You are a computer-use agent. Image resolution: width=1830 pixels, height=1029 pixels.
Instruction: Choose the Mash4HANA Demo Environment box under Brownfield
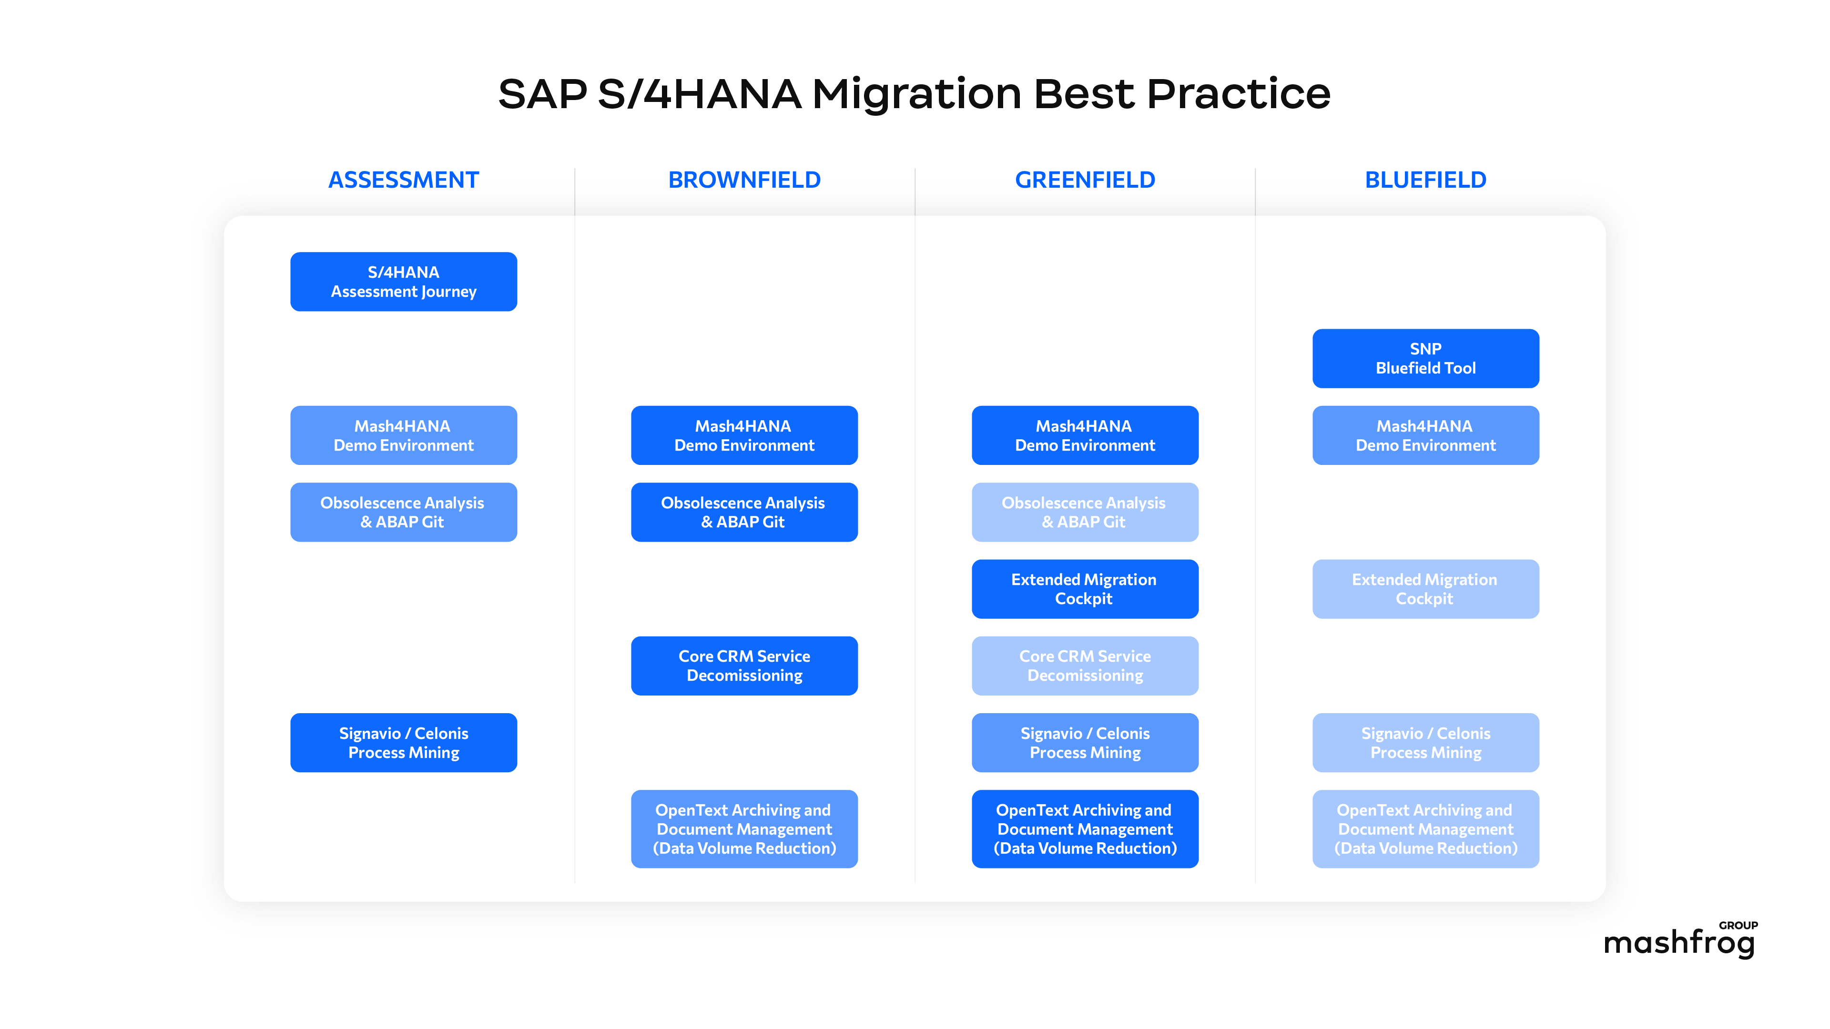[744, 435]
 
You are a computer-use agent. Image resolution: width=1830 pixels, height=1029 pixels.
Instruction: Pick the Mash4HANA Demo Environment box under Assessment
[404, 435]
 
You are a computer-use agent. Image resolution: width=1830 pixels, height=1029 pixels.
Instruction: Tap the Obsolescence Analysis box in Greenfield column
[1085, 512]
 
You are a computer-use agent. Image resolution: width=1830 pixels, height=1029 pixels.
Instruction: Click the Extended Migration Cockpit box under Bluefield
[1425, 589]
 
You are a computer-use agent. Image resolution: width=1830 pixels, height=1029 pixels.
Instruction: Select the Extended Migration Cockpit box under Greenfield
[1085, 589]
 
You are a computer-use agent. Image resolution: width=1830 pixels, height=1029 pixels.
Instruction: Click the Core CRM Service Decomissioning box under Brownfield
[744, 666]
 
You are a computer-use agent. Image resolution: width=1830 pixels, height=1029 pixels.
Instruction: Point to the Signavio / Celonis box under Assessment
[404, 742]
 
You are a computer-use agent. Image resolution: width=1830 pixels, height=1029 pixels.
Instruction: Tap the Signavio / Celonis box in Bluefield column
[1425, 742]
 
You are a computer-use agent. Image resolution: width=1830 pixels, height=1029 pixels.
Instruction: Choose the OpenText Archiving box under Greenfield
[1085, 829]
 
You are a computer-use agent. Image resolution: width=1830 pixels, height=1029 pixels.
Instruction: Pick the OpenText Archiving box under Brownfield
[744, 829]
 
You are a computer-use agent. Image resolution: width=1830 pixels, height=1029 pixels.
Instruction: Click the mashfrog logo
[1678, 943]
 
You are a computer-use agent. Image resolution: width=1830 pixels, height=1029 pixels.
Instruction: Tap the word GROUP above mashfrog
[1738, 925]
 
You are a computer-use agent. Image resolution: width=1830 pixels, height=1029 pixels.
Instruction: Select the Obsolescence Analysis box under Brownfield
[744, 512]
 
